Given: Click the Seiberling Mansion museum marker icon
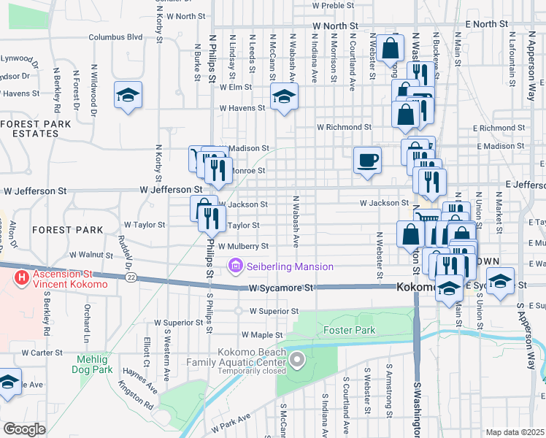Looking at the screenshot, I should click(x=236, y=267).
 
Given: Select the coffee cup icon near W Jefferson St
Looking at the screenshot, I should click(x=367, y=159).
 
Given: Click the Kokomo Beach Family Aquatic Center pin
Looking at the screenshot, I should click(x=297, y=359).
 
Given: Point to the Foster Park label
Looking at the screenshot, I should click(x=349, y=331).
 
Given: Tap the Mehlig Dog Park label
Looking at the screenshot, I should click(x=95, y=365).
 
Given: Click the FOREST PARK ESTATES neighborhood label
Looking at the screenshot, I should click(x=36, y=128).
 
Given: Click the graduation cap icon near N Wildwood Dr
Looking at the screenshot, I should click(x=128, y=95).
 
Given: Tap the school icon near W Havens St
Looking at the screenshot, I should click(x=284, y=96).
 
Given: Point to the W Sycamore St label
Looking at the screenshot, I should click(x=280, y=288).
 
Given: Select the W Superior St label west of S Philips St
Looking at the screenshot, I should click(x=178, y=322).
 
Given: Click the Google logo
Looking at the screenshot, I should click(x=25, y=429).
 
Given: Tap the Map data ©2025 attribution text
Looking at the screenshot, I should click(x=514, y=432).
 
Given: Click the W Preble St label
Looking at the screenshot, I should click(x=332, y=4).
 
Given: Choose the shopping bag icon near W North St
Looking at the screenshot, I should click(x=391, y=48).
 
